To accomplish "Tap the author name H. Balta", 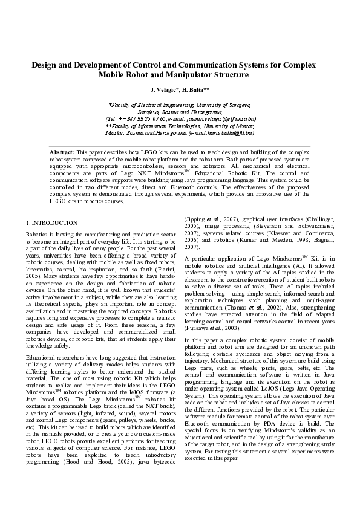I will click(195, 90).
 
